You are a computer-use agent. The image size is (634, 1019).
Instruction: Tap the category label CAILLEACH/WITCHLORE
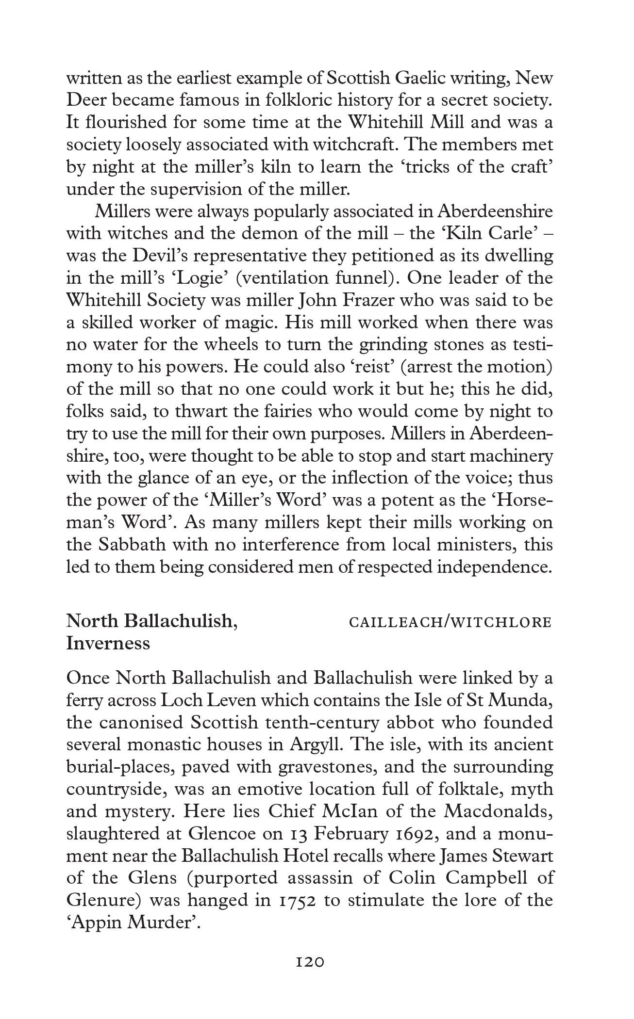pos(450,622)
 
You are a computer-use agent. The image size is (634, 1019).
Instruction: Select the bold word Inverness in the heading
pos(108,644)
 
